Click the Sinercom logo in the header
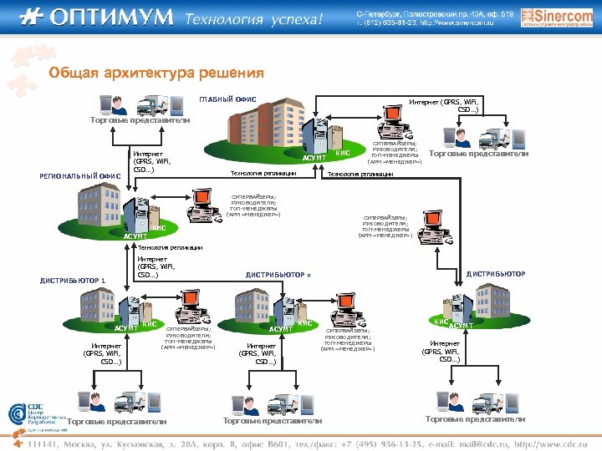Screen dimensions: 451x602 [x=545, y=16]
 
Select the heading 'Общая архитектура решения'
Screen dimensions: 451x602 [x=156, y=73]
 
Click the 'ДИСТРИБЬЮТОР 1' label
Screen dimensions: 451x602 [x=74, y=280]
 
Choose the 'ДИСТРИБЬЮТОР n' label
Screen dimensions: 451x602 [x=278, y=274]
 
